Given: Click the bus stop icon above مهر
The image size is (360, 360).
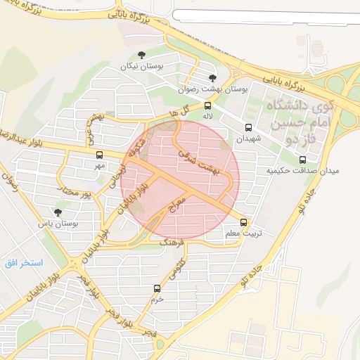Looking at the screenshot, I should click(x=99, y=155).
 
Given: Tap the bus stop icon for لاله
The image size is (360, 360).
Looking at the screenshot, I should click(x=207, y=106).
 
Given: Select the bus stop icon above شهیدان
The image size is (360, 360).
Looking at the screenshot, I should click(x=248, y=128).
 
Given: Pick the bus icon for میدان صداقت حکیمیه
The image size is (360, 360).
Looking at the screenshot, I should click(x=303, y=160).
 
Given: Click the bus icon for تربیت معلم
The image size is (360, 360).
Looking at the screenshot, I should click(x=244, y=222).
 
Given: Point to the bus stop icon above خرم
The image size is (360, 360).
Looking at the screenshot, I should click(x=157, y=288).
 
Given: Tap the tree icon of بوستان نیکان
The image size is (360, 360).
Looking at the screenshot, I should click(x=142, y=54).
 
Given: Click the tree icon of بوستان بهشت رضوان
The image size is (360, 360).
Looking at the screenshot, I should click(x=213, y=78).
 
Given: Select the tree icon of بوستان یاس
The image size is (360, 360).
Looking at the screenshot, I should click(x=58, y=212).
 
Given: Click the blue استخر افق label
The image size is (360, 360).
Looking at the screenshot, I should click(x=22, y=263).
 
